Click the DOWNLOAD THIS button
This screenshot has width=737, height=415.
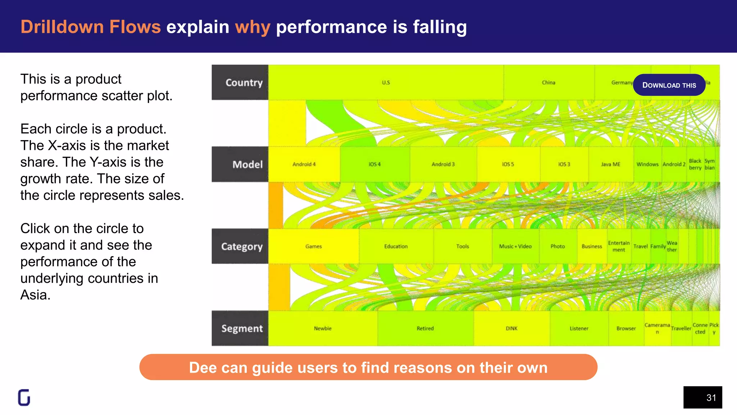pyautogui.click(x=669, y=85)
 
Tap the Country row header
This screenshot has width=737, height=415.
pyautogui.click(x=240, y=82)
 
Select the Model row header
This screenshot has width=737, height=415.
pyautogui.click(x=240, y=164)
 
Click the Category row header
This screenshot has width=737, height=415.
pyautogui.click(x=240, y=246)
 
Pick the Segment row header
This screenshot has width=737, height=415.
pyautogui.click(x=240, y=328)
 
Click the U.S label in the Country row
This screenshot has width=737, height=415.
pyautogui.click(x=386, y=82)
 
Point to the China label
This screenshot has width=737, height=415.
pyautogui.click(x=548, y=82)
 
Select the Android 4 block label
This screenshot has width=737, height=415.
pyautogui.click(x=304, y=164)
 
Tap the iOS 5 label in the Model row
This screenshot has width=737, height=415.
pyautogui.click(x=508, y=164)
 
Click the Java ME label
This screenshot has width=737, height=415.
pyautogui.click(x=610, y=164)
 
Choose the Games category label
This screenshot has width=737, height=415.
pyautogui.click(x=313, y=246)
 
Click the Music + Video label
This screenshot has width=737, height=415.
pyautogui.click(x=515, y=246)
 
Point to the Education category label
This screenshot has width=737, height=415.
pyautogui.click(x=396, y=246)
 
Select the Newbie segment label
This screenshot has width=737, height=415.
pyautogui.click(x=322, y=329)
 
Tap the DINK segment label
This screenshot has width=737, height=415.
pyautogui.click(x=511, y=329)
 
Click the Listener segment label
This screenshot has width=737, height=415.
pyautogui.click(x=579, y=329)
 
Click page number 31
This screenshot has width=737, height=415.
pyautogui.click(x=711, y=398)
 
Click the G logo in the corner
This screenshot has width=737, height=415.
pyautogui.click(x=24, y=398)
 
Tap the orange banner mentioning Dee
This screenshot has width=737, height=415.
pyautogui.click(x=368, y=367)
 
